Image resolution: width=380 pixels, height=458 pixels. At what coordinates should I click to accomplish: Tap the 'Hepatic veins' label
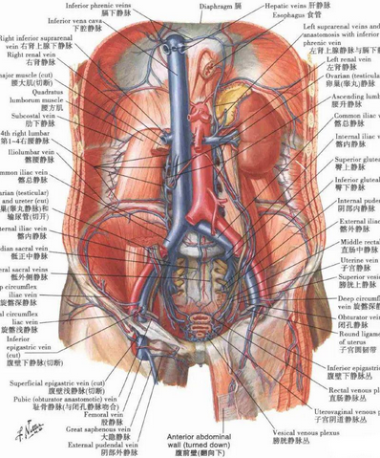[283, 5]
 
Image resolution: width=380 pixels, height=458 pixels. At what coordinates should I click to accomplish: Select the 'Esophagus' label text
[285, 15]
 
